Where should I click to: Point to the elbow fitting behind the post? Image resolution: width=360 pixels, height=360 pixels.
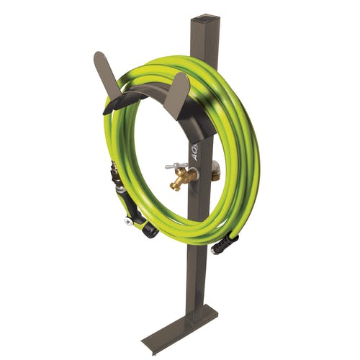point(215,170)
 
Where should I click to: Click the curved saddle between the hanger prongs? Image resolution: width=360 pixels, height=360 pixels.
point(144,94)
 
